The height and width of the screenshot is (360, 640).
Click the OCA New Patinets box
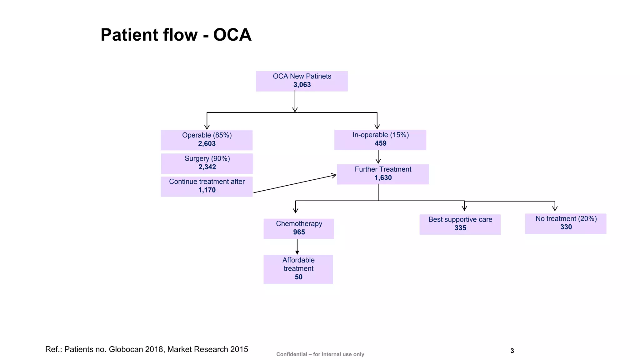[x=302, y=81]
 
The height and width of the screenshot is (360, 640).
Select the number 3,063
[x=302, y=85]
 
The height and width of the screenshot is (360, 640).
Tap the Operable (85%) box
[x=207, y=140]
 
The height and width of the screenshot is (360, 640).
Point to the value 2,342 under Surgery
[x=207, y=167]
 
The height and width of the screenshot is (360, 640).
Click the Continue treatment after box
[x=207, y=186]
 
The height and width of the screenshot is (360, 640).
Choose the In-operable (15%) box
[x=380, y=140]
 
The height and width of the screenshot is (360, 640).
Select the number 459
[x=380, y=143]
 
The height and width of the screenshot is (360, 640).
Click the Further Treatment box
[x=382, y=174]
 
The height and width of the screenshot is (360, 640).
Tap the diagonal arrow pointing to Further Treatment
[x=295, y=184]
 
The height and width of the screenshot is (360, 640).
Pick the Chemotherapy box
[x=299, y=228]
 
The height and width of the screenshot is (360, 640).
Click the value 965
[x=299, y=232]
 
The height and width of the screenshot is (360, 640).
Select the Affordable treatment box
[x=298, y=269]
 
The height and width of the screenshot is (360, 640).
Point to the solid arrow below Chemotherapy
[x=297, y=247]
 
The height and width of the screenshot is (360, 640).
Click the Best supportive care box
[x=460, y=224]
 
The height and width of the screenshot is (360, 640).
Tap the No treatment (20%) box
[x=566, y=223]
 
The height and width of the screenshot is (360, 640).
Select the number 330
[x=566, y=227]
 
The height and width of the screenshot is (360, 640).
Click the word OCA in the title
[x=232, y=35]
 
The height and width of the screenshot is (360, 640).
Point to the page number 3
[x=512, y=351]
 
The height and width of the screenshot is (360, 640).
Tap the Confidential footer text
[x=320, y=354]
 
